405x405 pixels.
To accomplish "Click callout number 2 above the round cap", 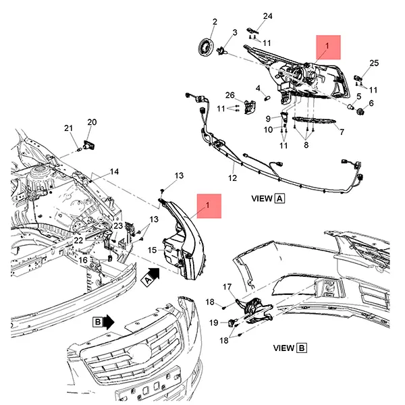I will click(x=215, y=22).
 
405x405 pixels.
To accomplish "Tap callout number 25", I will click(x=375, y=63).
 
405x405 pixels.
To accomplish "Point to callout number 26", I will click(x=230, y=95).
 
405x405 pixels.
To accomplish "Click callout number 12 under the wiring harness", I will click(x=232, y=179).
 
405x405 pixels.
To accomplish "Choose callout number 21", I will click(x=68, y=128).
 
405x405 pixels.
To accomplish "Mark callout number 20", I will click(x=92, y=122).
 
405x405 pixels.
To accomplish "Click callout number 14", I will click(x=114, y=171).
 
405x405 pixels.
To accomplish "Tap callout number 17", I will click(x=227, y=286).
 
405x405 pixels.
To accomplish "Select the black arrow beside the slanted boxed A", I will click(x=155, y=273).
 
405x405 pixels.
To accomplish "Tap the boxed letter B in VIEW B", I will click(x=302, y=348).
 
